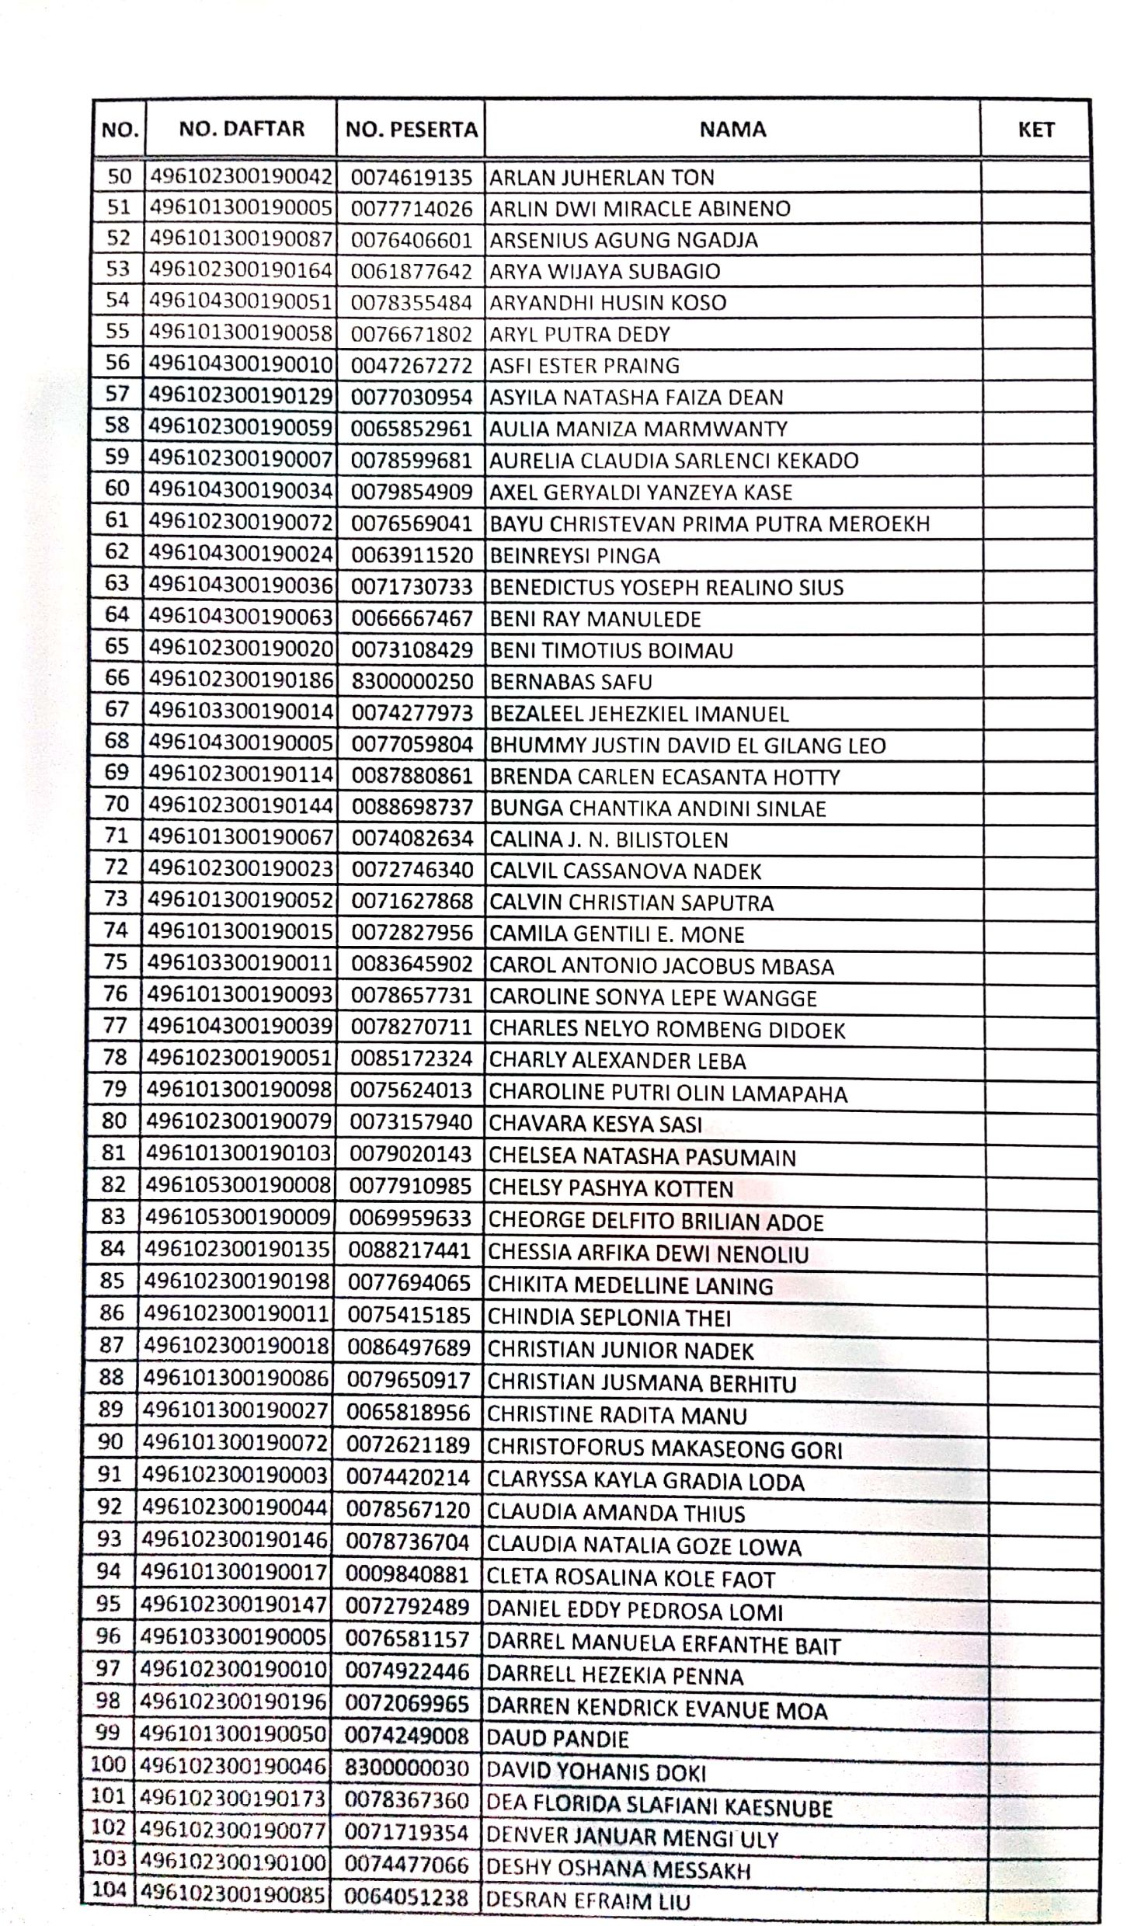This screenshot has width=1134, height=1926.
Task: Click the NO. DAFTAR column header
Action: pyautogui.click(x=242, y=129)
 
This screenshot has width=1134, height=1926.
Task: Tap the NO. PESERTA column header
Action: pyautogui.click(x=411, y=130)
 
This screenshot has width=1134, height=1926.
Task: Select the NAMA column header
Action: pyautogui.click(x=732, y=130)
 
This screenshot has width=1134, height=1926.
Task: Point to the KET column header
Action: pyautogui.click(x=1035, y=130)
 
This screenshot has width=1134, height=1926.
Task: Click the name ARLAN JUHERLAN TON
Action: pyautogui.click(x=601, y=178)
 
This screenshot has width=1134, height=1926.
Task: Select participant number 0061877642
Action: pyautogui.click(x=411, y=272)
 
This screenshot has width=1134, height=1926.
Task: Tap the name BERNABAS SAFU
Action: pyautogui.click(x=570, y=682)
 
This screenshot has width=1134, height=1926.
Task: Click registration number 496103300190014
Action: pyautogui.click(x=241, y=711)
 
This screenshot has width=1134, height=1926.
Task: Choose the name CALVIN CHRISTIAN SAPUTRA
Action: pyautogui.click(x=631, y=903)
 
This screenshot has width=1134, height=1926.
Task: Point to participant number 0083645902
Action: pyautogui.click(x=412, y=965)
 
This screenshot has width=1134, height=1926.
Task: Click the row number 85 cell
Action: pyautogui.click(x=113, y=1281)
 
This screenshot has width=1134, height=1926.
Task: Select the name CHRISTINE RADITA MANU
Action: pyautogui.click(x=616, y=1415)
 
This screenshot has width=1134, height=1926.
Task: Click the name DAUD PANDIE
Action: pyautogui.click(x=557, y=1738)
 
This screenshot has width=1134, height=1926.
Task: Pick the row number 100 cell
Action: pyautogui.click(x=108, y=1764)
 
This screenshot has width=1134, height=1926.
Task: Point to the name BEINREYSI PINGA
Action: pyautogui.click(x=575, y=556)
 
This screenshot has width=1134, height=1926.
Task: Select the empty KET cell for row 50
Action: pyautogui.click(x=1035, y=178)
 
